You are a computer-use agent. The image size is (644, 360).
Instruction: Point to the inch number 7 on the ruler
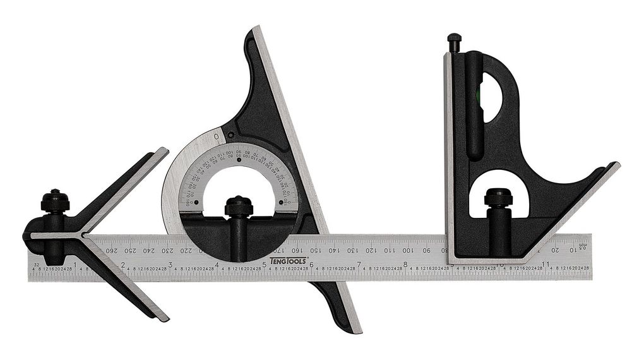[x=359, y=263]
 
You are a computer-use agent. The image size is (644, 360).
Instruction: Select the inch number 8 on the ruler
[x=405, y=263]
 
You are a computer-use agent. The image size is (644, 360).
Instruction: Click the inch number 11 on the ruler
[x=545, y=263]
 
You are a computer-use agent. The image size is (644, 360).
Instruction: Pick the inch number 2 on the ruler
[x=122, y=263]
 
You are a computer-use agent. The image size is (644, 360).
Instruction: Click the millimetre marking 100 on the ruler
[x=407, y=250]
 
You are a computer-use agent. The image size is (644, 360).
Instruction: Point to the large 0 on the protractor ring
[x=217, y=136]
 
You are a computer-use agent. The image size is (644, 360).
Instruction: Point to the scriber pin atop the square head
[x=454, y=42]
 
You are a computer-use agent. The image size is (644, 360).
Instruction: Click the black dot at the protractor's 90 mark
[x=239, y=160]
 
